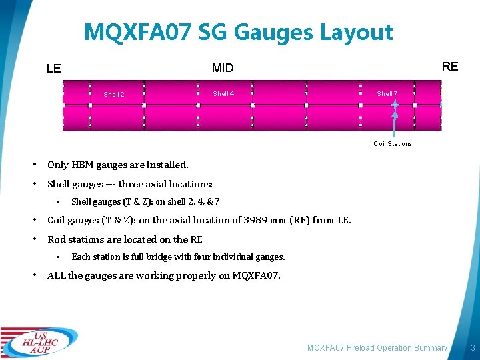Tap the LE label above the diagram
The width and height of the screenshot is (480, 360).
54,68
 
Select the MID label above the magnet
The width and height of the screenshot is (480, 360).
223,68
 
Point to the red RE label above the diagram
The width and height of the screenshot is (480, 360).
450,67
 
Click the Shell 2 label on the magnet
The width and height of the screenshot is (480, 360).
114,95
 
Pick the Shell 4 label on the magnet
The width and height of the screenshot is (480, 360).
223,94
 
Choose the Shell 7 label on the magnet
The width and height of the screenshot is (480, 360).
387,94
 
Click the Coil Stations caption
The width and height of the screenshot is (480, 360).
393,144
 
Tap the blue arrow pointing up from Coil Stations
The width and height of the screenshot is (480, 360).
395,123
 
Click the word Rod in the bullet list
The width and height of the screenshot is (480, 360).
56,239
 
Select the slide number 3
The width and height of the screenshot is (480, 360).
472,348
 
